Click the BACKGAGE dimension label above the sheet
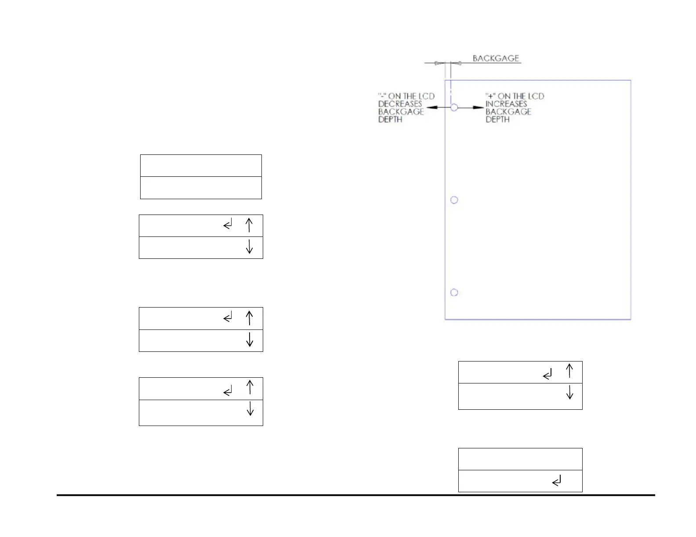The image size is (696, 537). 496,58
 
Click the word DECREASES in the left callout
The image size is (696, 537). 400,104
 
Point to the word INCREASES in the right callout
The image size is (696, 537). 506,104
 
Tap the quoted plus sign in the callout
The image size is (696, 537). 489,96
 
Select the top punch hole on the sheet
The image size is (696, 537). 454,107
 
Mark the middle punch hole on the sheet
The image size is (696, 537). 454,200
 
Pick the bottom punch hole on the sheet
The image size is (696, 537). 454,293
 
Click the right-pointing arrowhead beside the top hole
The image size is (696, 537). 478,107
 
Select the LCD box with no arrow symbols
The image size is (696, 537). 201,177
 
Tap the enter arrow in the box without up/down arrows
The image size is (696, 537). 557,482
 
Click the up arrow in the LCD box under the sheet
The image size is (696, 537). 569,371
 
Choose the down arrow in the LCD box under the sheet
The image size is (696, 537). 569,392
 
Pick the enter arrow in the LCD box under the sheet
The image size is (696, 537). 547,375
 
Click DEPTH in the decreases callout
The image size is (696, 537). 390,119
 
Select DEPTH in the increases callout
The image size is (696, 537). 497,119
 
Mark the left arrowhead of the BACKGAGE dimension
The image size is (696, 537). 438,63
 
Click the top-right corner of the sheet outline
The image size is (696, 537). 631,80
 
